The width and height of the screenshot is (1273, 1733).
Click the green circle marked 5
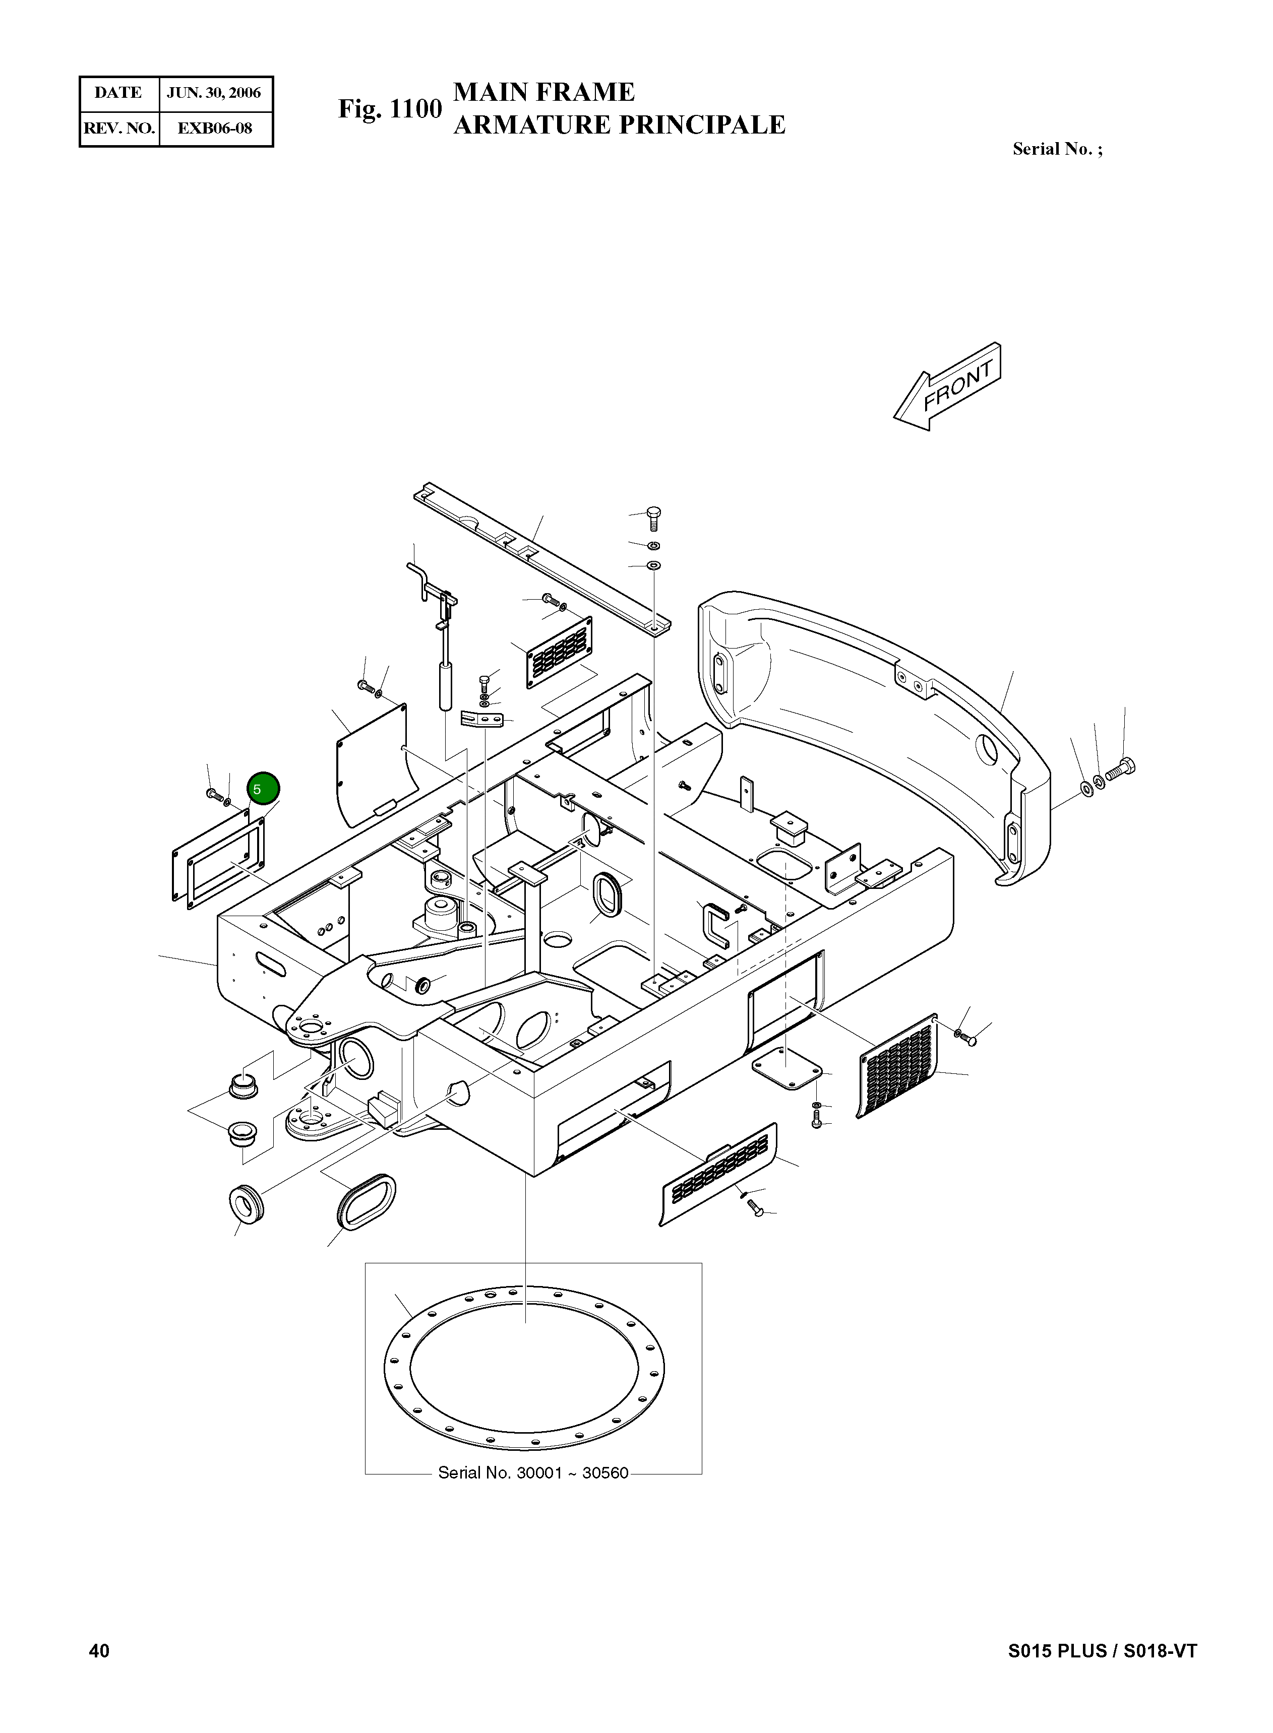[x=263, y=789]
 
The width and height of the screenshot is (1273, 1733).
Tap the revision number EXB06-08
[x=214, y=128]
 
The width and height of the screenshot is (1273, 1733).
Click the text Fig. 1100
[x=390, y=109]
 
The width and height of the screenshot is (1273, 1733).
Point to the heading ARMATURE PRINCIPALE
[x=619, y=125]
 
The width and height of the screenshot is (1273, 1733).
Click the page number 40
[x=99, y=1650]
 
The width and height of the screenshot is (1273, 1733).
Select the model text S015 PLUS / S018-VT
[x=1102, y=1650]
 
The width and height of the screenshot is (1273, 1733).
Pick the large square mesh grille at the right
[x=898, y=1067]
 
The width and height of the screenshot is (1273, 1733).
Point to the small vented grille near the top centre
[x=560, y=651]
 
